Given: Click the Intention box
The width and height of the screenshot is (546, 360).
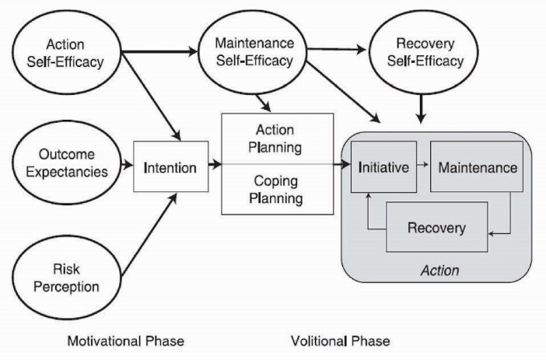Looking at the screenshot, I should [171, 166].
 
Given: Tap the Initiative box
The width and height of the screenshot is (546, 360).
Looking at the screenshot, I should [384, 167].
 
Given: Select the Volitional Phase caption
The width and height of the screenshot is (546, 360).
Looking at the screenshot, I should [340, 341].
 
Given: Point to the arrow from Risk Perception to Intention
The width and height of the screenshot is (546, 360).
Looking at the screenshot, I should [145, 232].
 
